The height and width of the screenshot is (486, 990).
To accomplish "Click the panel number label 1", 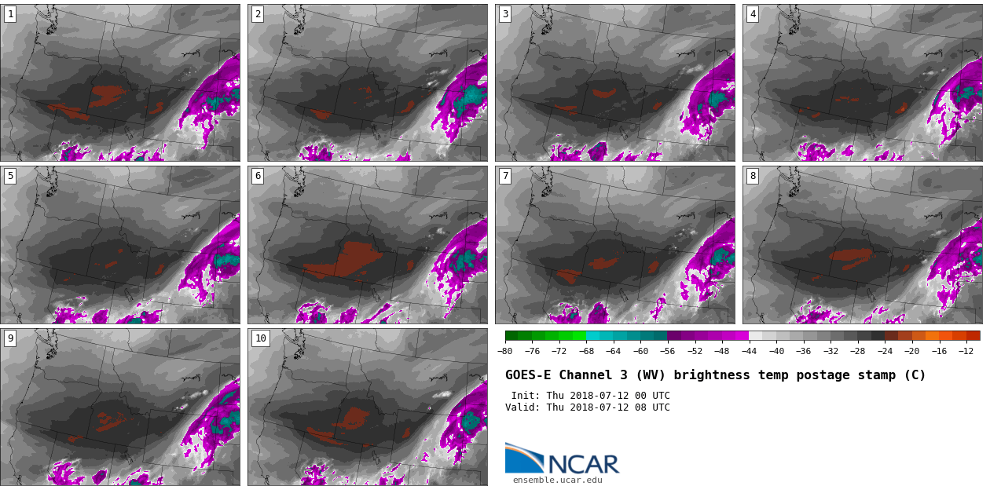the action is pos(10,14).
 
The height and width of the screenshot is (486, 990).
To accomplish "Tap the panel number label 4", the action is pos(753,14).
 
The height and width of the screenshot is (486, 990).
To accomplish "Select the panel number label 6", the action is pos(258,177).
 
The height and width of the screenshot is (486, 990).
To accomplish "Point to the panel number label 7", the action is pos(505,177).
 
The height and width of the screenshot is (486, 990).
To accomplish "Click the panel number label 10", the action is pos(261,338).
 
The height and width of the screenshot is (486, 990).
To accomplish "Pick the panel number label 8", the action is pos(753,177).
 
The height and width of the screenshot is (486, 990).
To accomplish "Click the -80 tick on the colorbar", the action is pos(505,351).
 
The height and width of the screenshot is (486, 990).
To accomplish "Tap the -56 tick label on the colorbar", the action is pos(667,351).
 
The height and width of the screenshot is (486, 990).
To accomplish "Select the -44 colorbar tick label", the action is pos(749,351).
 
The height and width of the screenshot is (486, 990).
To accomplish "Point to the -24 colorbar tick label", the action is pos(885,351).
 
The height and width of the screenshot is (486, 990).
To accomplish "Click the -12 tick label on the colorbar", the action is pos(966,351).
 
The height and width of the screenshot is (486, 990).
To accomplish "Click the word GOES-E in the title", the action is pos(528,375).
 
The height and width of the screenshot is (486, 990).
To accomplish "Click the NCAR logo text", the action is pos(584,464).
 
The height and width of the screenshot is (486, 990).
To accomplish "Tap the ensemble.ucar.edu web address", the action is pos(557,480).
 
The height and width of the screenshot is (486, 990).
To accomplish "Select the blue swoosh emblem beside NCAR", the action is pos(525,458).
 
